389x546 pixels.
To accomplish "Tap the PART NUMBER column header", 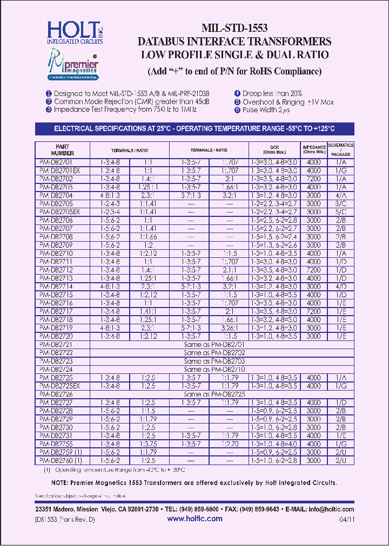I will [62, 149].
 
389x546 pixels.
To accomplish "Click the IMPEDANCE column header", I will [313, 149].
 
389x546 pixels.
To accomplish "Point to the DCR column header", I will [274, 149].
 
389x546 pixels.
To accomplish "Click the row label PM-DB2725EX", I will [60, 386].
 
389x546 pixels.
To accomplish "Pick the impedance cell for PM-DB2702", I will [313, 178].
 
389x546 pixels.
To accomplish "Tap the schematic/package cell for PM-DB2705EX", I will [340, 212].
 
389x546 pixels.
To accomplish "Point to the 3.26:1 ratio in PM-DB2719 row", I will [229, 327].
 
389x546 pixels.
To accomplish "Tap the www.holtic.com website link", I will [194, 518].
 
